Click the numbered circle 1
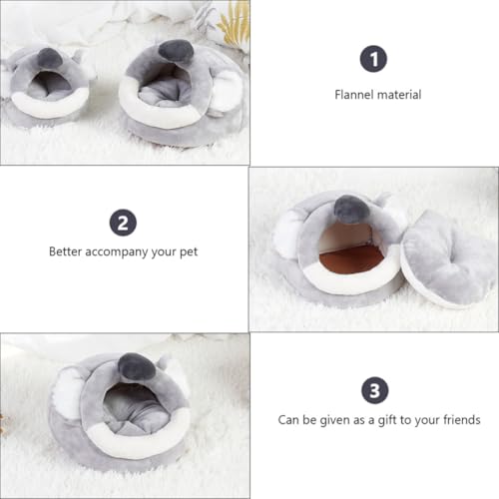[373, 59]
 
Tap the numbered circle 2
[123, 223]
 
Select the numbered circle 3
[375, 390]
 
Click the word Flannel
[354, 95]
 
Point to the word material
[399, 95]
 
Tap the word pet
[189, 252]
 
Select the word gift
[387, 420]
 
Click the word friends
[462, 420]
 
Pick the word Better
[65, 251]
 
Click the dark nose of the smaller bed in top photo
[49, 59]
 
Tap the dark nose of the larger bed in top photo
[176, 51]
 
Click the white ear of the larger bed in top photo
[227, 91]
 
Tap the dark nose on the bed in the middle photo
[352, 209]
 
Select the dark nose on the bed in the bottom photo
[137, 367]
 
